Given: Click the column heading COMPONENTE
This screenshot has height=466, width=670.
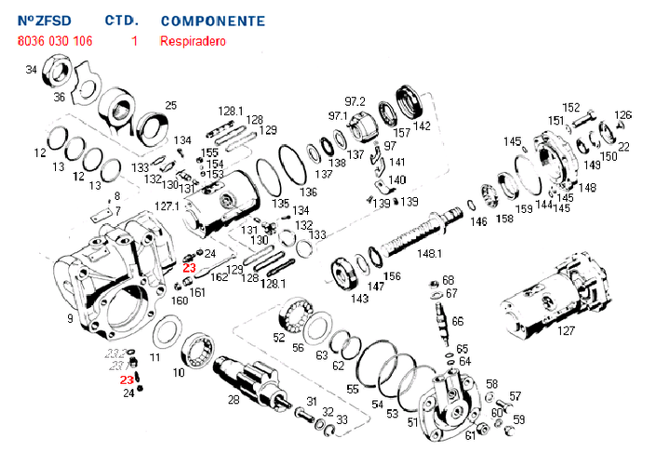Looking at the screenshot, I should point(212,20).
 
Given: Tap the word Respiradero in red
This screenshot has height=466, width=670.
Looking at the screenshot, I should point(193,41).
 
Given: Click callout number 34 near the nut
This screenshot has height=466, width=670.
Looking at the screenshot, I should point(32,70).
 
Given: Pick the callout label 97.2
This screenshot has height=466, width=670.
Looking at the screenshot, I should point(355,100).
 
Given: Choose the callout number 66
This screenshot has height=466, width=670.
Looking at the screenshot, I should point(457,321).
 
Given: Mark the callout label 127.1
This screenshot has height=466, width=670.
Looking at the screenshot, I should point(167,206).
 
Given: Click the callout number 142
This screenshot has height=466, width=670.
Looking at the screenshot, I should point(422,126).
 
